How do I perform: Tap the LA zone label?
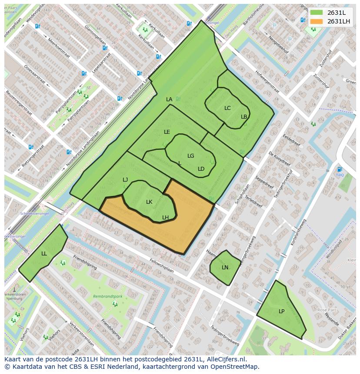169,99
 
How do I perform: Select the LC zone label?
227,108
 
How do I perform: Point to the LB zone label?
244,117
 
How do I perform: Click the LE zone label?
167,132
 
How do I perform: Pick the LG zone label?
191,156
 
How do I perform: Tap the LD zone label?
201,169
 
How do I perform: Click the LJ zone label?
125,180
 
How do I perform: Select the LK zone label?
149,202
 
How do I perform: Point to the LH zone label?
166,218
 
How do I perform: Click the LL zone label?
44,254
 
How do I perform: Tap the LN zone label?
225,268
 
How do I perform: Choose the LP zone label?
282,311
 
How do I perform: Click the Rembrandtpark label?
106,297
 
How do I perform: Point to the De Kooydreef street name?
279,159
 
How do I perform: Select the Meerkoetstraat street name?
59,50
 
